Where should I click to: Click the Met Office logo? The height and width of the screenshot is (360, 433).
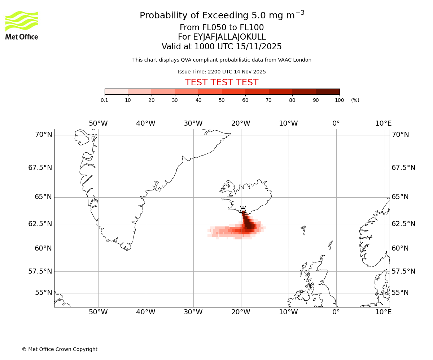[x=22, y=25]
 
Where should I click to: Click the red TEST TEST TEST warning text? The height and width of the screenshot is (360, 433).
[x=222, y=82]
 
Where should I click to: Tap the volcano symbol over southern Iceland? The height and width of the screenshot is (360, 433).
[x=243, y=210]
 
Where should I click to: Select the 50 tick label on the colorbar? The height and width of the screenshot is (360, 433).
[x=222, y=100]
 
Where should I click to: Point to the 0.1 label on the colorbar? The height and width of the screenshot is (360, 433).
[x=105, y=100]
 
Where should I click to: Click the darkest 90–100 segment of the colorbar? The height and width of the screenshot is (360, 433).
[x=328, y=91]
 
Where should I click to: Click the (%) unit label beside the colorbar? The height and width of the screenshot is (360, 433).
[x=355, y=100]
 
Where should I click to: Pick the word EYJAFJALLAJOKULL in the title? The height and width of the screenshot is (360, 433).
[x=229, y=37]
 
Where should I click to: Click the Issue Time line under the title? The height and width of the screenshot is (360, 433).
[x=222, y=72]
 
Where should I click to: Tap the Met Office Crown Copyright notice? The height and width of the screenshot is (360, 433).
[x=60, y=349]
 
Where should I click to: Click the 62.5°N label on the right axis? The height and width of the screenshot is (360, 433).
[x=403, y=224]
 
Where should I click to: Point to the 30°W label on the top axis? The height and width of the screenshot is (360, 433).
[x=193, y=123]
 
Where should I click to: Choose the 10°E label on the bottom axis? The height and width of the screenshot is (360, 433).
[x=383, y=312]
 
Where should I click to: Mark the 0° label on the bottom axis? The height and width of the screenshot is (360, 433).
[x=336, y=312]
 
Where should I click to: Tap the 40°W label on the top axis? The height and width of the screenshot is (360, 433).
[x=145, y=123]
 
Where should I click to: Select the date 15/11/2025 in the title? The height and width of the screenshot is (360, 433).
[x=259, y=46]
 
